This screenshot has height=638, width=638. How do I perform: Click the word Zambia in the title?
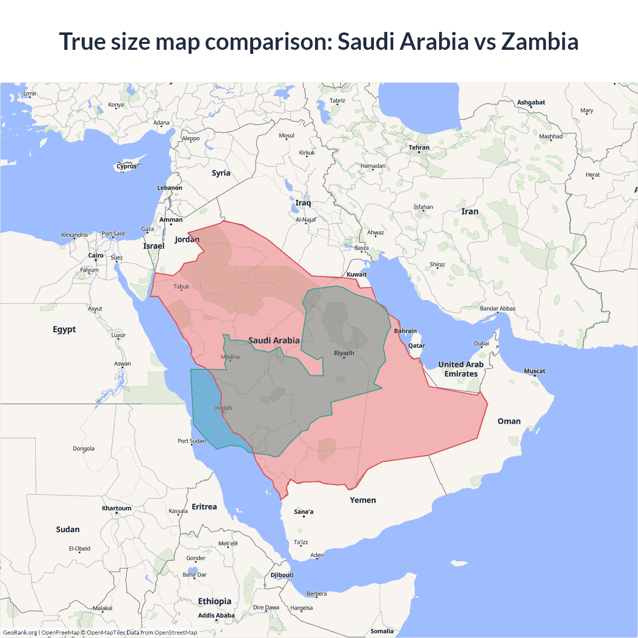tap(540, 41)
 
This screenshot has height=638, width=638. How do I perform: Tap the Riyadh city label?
tap(344, 353)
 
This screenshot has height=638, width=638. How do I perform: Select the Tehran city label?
tap(419, 148)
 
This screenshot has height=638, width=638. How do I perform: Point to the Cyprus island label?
tap(127, 166)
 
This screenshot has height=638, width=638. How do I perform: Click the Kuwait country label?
tap(356, 274)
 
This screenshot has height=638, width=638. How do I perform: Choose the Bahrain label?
tap(405, 331)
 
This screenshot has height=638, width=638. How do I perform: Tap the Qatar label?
tap(416, 345)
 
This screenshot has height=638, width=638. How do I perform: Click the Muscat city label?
tap(534, 371)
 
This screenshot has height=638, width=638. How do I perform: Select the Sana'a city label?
tap(304, 511)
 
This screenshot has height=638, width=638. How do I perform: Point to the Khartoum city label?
tap(117, 508)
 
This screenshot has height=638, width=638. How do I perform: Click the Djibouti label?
tap(282, 575)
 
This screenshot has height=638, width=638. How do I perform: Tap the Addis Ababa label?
tap(216, 616)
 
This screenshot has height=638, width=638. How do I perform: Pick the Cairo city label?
tap(96, 255)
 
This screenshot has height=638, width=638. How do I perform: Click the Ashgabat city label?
tap(531, 102)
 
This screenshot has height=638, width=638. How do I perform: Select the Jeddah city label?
tap(223, 408)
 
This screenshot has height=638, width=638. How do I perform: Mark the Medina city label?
tap(230, 357)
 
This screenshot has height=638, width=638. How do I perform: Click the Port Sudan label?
tap(191, 441)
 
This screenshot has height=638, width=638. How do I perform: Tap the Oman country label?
tap(509, 421)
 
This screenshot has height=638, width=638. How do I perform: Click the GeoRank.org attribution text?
tap(20, 633)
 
